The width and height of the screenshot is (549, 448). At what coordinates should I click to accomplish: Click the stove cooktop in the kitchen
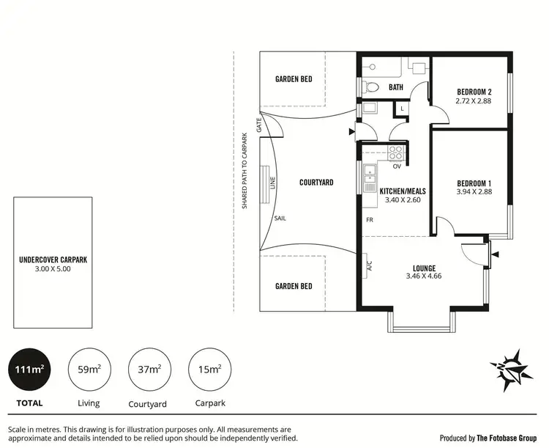click(x=395, y=153)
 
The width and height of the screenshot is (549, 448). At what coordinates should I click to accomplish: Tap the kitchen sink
click(x=369, y=175)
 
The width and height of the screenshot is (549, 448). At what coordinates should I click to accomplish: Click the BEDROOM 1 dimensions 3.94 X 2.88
click(x=474, y=192)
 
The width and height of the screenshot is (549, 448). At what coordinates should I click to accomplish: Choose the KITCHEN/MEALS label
click(x=403, y=191)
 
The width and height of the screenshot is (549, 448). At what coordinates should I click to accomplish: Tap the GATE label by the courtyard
click(x=259, y=125)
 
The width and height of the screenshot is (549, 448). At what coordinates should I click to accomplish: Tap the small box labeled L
click(x=401, y=109)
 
